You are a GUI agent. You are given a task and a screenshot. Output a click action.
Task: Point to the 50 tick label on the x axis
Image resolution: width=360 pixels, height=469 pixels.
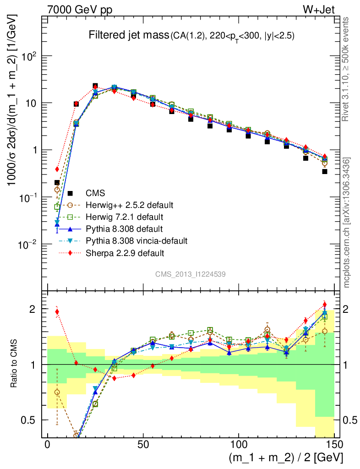pyautogui.click(x=143, y=446)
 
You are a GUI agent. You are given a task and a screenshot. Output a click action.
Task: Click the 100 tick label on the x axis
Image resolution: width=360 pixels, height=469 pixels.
pyautogui.click(x=238, y=446)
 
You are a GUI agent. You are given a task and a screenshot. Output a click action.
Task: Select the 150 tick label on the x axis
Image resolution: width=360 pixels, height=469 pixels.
pyautogui.click(x=334, y=446)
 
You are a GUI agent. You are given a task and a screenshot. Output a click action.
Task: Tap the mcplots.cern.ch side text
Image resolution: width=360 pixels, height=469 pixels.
pyautogui.click(x=347, y=223)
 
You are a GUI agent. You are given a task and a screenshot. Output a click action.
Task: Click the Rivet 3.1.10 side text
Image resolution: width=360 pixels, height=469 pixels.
pyautogui.click(x=347, y=69)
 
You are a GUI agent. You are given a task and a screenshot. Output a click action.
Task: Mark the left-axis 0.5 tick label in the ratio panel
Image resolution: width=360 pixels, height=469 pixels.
pyautogui.click(x=31, y=420)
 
